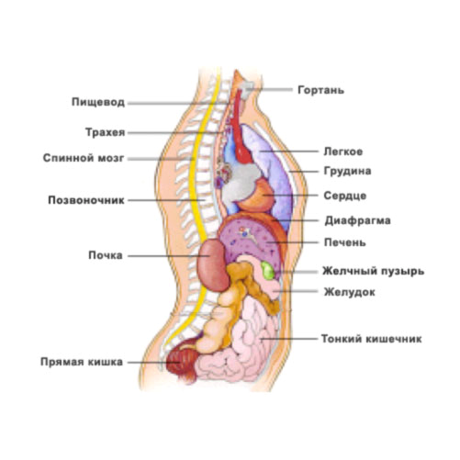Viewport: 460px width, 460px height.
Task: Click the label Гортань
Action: click(x=320, y=90)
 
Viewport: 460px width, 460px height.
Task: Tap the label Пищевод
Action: click(x=98, y=102)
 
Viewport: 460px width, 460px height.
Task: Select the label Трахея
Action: click(x=106, y=132)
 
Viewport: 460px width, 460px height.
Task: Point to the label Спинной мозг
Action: click(x=84, y=158)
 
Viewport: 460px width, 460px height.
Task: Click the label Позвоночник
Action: click(x=86, y=200)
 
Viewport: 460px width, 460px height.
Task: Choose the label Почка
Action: click(x=106, y=255)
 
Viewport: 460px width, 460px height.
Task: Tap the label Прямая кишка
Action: click(x=82, y=362)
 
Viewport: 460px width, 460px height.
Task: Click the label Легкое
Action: click(x=343, y=151)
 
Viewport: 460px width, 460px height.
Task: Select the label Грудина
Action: click(x=347, y=171)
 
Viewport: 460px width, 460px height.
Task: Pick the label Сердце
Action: click(x=345, y=196)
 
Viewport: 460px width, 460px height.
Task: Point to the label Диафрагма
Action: click(x=357, y=220)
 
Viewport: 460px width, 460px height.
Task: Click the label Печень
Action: click(x=345, y=242)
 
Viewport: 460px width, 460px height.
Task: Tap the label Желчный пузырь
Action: click(x=374, y=271)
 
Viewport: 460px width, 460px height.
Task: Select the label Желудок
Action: click(x=350, y=292)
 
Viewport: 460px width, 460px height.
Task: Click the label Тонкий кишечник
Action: click(x=372, y=339)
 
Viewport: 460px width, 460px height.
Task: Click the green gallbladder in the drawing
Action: click(x=267, y=270)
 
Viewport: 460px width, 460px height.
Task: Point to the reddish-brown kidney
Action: click(x=213, y=265)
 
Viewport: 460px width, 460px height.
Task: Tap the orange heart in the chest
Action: click(x=259, y=195)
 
